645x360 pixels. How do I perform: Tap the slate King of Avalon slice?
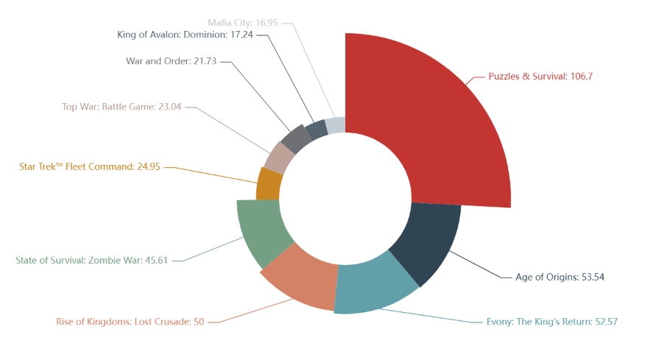click(316, 130)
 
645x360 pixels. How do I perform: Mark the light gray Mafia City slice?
click(336, 124)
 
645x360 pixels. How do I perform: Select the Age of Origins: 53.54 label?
click(560, 277)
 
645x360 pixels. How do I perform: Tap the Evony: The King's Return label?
click(551, 322)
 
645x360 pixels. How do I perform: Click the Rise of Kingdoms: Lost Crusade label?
click(130, 322)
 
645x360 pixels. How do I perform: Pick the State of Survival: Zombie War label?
click(94, 260)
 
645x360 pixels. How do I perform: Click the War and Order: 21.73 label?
click(171, 61)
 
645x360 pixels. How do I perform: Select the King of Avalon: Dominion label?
click(185, 35)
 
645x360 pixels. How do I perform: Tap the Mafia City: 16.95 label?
click(242, 23)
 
